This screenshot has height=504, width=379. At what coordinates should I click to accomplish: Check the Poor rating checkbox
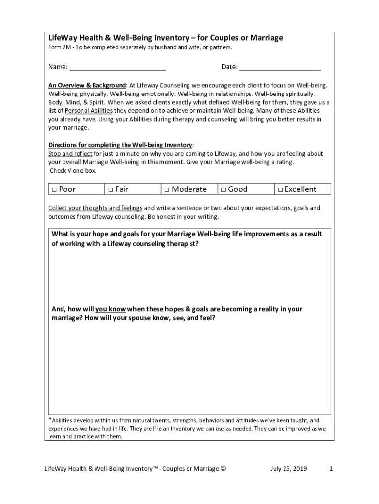click(54, 189)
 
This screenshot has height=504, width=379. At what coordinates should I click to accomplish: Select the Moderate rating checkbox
click(167, 189)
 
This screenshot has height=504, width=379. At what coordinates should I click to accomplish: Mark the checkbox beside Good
click(223, 189)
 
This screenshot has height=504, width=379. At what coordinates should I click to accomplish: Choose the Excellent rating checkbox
click(280, 189)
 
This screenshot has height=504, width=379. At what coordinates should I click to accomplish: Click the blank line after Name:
click(117, 68)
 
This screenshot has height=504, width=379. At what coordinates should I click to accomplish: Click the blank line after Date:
click(280, 68)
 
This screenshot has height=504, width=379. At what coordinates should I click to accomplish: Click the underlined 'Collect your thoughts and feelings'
click(95, 208)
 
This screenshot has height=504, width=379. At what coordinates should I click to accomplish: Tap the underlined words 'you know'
click(111, 309)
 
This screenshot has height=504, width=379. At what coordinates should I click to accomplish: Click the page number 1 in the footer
click(331, 469)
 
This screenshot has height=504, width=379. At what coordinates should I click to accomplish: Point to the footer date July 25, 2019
click(288, 469)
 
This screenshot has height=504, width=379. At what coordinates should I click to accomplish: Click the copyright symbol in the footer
click(223, 469)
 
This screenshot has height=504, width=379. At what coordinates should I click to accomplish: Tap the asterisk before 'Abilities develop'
click(50, 420)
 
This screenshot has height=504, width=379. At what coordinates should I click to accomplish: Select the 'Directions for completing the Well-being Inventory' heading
click(120, 145)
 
